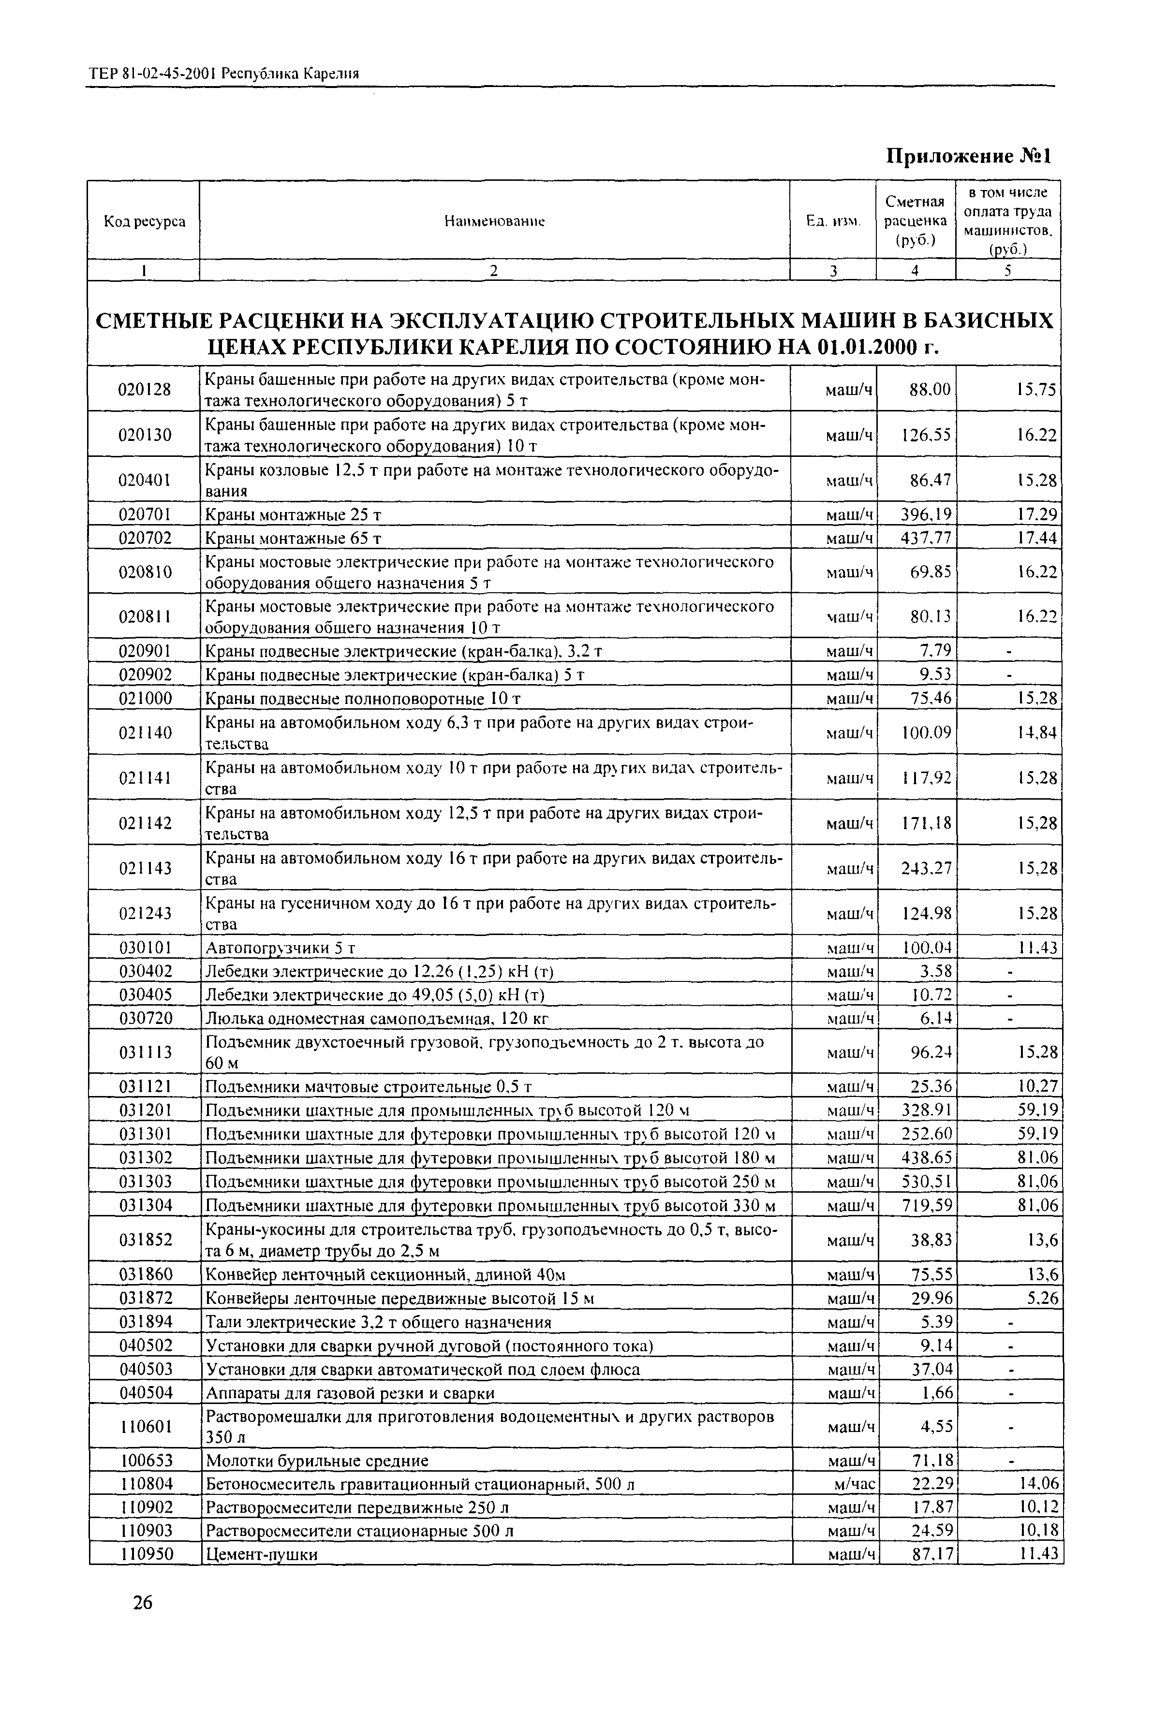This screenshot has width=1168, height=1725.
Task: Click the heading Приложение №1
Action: (969, 157)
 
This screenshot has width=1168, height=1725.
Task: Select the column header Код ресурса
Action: (144, 221)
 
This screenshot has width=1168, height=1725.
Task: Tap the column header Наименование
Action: (494, 221)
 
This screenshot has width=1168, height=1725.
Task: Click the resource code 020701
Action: (145, 514)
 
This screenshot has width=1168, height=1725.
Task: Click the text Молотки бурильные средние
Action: (317, 1461)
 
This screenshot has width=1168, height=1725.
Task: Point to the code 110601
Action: (145, 1427)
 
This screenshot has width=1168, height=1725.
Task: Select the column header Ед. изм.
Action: (833, 222)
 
